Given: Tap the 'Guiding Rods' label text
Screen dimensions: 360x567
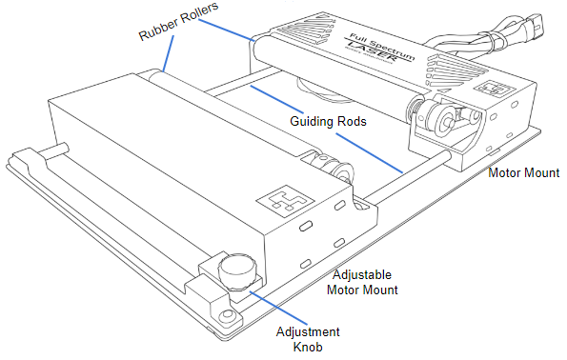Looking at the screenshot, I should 330,123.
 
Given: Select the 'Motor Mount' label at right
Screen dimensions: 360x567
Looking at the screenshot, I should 523,173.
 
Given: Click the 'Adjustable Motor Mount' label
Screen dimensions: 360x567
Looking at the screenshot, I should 361,282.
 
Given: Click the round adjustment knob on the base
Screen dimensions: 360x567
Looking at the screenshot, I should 233,270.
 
